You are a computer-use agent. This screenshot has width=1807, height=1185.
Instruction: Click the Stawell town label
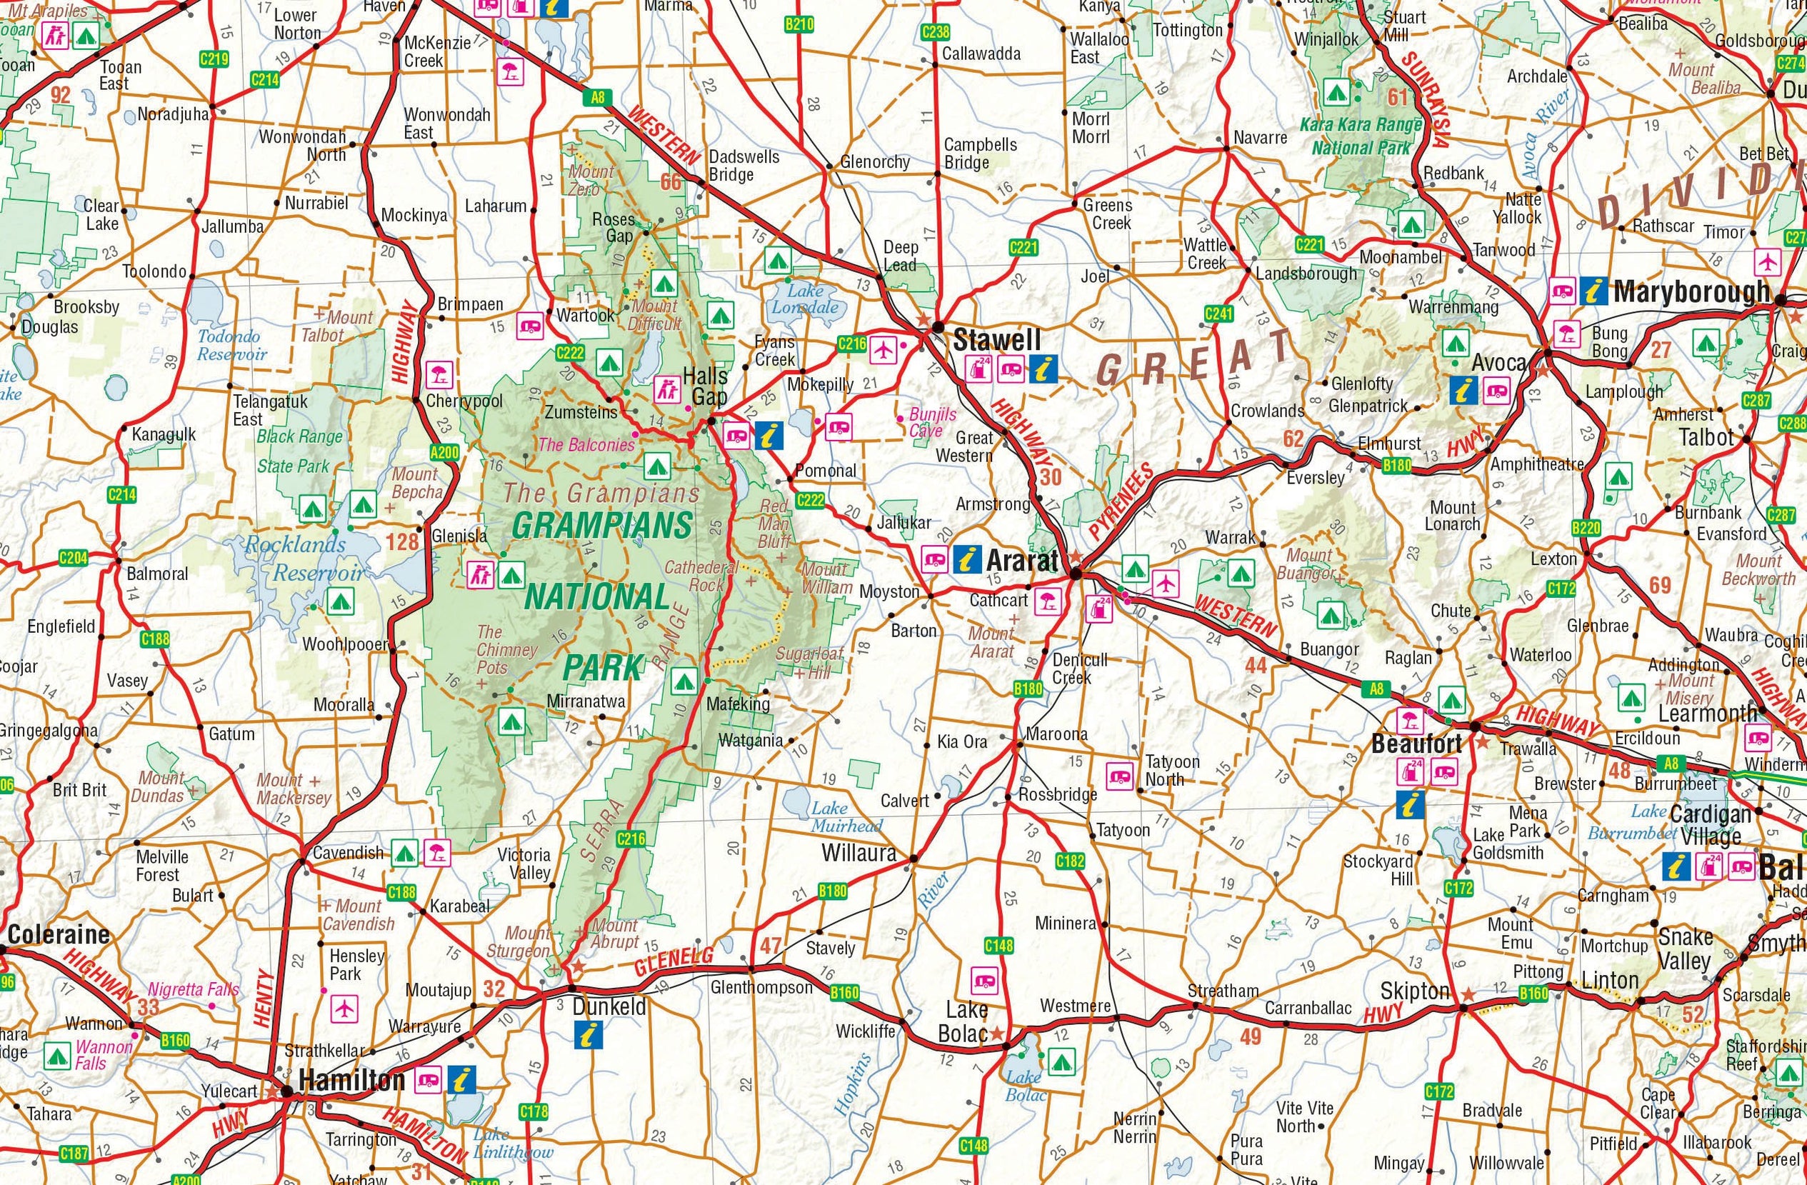tap(997, 339)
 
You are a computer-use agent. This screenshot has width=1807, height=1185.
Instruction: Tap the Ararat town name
tap(1022, 561)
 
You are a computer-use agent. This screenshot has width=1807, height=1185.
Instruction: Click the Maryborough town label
tap(1691, 291)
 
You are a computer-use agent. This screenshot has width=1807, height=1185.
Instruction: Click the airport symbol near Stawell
tap(881, 351)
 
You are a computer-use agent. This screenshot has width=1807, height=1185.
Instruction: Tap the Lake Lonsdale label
tap(805, 299)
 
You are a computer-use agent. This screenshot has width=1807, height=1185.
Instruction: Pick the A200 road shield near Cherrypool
tap(444, 453)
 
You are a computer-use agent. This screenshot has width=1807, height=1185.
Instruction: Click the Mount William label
tap(826, 578)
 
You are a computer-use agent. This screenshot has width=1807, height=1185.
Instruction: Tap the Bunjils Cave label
tap(932, 423)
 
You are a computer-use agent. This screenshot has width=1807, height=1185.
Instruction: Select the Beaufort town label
tap(1416, 744)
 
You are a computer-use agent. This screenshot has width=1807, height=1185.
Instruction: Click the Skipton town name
tap(1414, 991)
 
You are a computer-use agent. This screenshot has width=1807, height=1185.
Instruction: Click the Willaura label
tap(859, 854)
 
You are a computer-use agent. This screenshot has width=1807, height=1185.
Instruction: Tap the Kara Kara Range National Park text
tap(1360, 136)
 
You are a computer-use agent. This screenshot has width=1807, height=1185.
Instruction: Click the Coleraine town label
tap(59, 934)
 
